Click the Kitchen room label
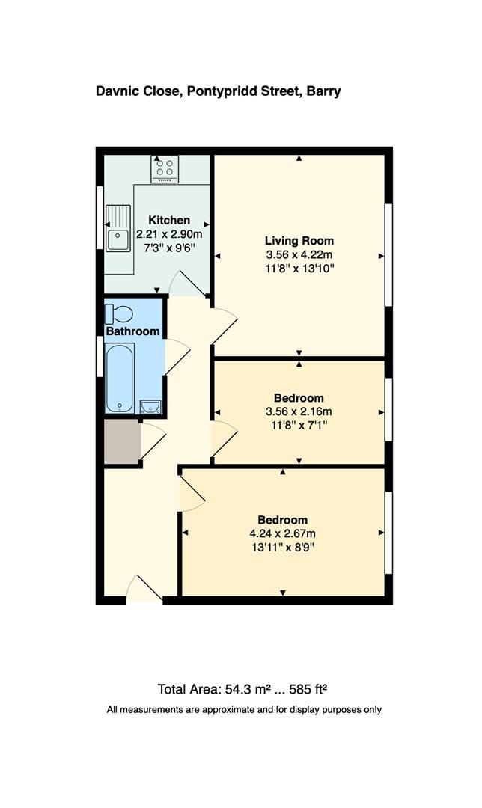click(x=169, y=220)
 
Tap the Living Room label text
click(x=299, y=241)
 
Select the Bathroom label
click(x=132, y=331)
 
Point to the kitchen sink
click(x=118, y=228)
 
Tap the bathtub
click(x=120, y=379)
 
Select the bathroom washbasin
click(x=150, y=406)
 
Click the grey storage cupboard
click(x=122, y=442)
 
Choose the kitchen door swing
click(x=186, y=284)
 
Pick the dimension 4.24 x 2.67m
click(x=283, y=533)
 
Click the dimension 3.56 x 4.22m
click(x=299, y=254)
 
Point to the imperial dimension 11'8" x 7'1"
click(x=299, y=424)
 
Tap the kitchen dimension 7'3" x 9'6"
click(x=169, y=248)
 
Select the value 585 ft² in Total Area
click(x=306, y=689)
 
